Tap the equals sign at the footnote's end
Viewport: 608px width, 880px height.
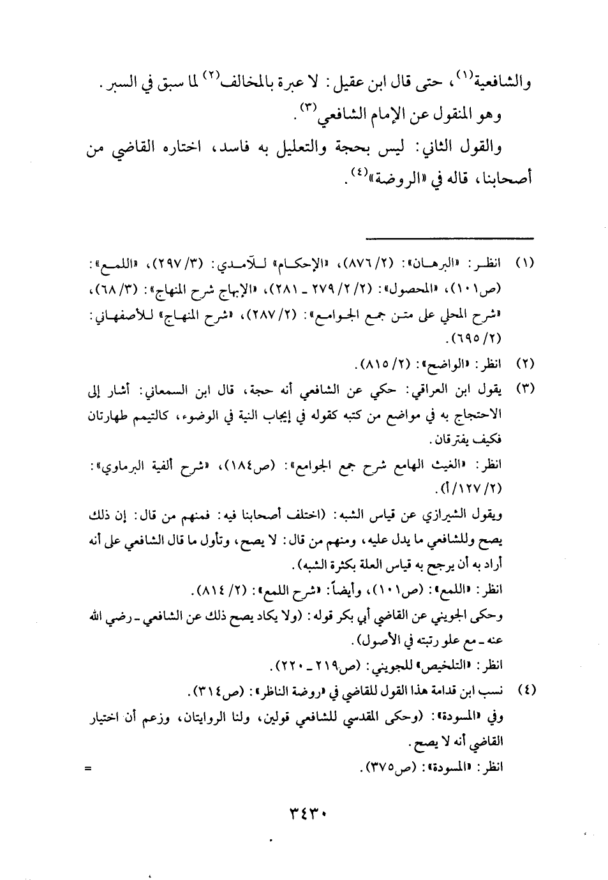tap(87, 769)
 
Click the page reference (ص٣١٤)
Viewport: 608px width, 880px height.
tap(211, 690)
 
